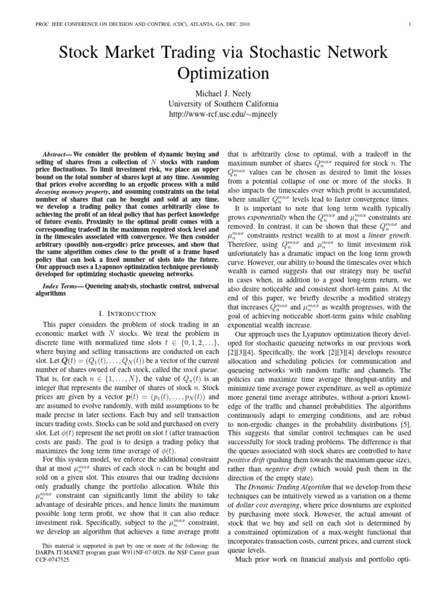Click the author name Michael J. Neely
tap(223, 93)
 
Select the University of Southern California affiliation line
tap(223, 104)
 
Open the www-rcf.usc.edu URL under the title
tap(223, 115)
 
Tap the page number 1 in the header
tap(410, 24)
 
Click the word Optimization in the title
tap(223, 74)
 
